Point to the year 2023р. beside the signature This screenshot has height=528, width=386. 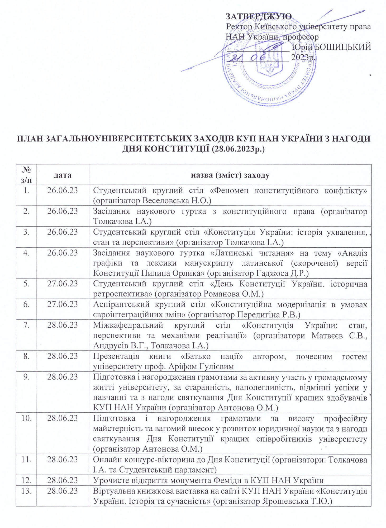point(304,57)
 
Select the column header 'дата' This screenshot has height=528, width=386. point(63,175)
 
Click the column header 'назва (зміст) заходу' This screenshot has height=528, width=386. point(230,175)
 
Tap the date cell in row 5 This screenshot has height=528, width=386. point(63,284)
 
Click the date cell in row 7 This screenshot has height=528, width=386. point(63,325)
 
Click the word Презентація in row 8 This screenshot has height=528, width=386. point(116,356)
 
